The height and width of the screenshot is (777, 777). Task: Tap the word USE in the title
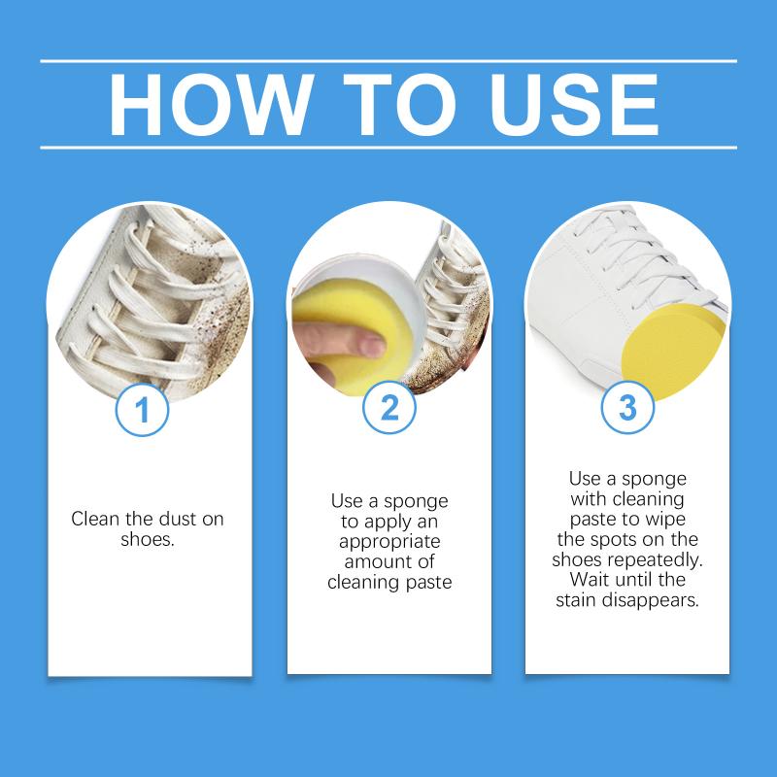574,105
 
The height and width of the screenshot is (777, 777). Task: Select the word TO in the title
399,105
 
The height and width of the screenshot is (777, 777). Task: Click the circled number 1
142,410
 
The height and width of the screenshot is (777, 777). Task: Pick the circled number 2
389,408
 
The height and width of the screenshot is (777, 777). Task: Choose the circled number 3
627,408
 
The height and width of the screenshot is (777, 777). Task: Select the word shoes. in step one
148,539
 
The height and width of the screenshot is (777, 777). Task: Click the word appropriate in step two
389,542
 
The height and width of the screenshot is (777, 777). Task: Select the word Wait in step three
589,579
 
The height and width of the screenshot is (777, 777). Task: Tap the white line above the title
388,61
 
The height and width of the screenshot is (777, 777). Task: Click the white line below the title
388,148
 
